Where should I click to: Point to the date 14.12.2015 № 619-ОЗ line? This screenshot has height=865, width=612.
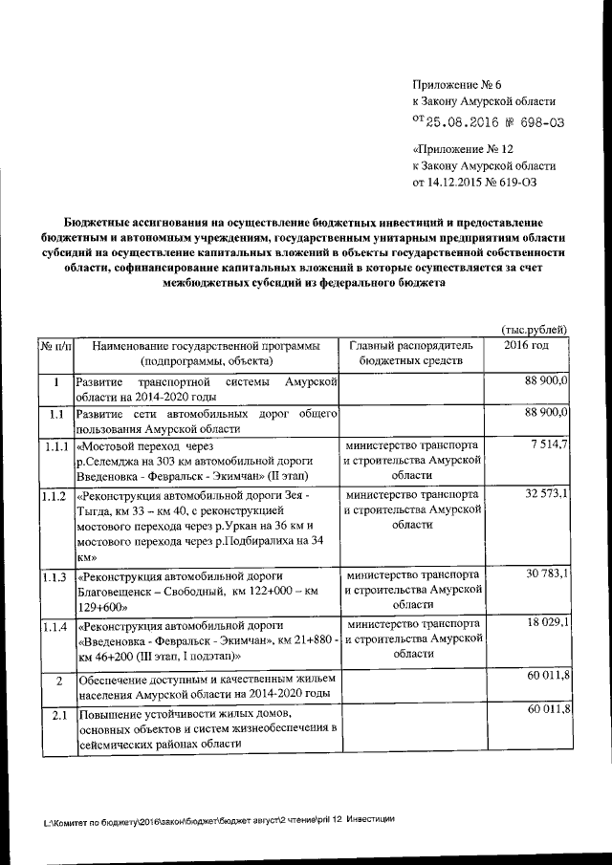[483, 180]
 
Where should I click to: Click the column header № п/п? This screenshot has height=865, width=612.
[55, 345]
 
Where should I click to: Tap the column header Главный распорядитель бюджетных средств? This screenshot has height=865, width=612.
[410, 353]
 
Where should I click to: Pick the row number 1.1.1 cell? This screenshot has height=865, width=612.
[55, 445]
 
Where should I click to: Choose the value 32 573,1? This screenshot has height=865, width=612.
[547, 494]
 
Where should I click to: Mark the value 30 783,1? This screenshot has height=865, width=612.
[547, 573]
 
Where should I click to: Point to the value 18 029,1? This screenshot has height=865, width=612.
[547, 622]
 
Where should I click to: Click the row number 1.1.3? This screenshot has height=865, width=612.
[55, 575]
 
